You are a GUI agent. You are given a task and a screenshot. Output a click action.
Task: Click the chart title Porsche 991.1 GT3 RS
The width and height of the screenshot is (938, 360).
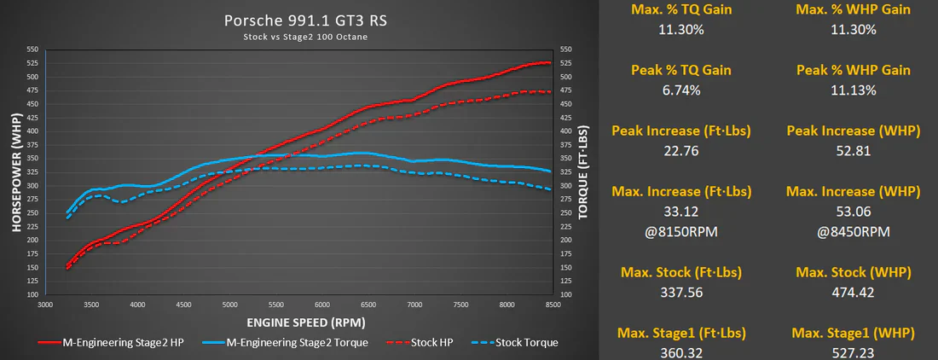[x=305, y=21]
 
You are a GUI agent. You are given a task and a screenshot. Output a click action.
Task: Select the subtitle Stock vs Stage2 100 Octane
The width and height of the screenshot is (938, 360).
[x=305, y=37]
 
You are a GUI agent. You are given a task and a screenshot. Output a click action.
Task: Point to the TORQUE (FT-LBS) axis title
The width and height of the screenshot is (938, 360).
[x=583, y=171]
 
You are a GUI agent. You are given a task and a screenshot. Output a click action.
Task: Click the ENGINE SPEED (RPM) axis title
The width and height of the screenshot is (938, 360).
[x=305, y=323]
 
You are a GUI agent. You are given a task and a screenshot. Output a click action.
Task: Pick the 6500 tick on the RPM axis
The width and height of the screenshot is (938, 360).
[x=368, y=305]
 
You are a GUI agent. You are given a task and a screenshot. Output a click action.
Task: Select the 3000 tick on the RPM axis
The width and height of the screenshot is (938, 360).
[x=46, y=305]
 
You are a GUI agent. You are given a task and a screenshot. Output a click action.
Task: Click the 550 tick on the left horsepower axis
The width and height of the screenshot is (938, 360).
[x=33, y=49]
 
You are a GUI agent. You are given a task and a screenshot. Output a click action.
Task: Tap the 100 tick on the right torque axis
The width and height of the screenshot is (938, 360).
[x=566, y=295]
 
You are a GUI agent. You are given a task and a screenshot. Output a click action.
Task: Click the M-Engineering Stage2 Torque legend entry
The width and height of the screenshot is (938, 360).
[x=286, y=343]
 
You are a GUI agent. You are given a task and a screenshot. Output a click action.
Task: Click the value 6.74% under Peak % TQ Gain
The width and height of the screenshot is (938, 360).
[x=680, y=90]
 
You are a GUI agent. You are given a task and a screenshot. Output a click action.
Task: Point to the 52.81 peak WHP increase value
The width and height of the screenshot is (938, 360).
[x=853, y=151]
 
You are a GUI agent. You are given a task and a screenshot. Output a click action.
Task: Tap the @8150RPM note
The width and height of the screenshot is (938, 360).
[x=680, y=231]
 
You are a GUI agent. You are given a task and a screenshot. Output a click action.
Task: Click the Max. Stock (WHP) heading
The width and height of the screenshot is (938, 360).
[x=853, y=273]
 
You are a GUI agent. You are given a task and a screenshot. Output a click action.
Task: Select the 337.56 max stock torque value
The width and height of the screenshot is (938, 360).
[x=680, y=293]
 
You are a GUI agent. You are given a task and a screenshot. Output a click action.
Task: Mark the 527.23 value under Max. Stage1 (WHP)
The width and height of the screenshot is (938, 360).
[x=853, y=353]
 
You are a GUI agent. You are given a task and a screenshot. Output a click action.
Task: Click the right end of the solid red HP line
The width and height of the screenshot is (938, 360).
[x=550, y=63]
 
